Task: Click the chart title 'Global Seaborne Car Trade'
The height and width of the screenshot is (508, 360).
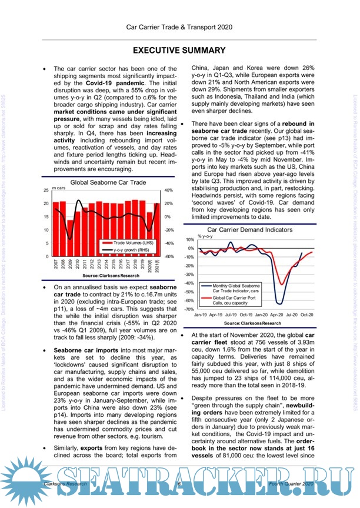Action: tap(108, 183)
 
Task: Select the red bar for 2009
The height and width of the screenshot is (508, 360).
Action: tap(71, 239)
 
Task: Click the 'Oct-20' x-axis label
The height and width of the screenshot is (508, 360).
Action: tap(306, 315)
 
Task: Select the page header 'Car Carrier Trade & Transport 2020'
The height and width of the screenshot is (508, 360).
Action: tap(179, 26)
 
